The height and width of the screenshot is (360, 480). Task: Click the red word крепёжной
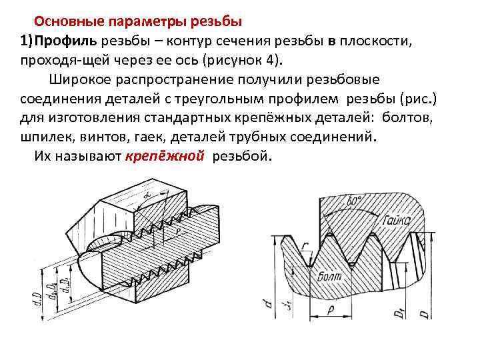tap(164, 157)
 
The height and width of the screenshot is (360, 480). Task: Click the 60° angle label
tap(354, 200)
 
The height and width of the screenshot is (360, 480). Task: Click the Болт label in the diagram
tap(330, 274)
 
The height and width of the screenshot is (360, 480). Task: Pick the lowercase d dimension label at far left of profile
tap(267, 305)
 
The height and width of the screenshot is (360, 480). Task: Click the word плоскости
tap(378, 42)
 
